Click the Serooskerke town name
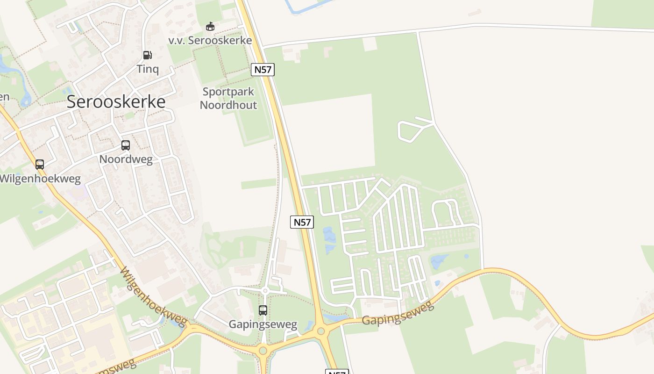[x=116, y=101]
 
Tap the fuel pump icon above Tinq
[x=147, y=55]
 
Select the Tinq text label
[x=148, y=69]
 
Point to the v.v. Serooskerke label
[x=210, y=40]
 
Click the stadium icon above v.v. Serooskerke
[x=210, y=27]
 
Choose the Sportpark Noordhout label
[x=228, y=98]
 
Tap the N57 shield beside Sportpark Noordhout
[x=263, y=70]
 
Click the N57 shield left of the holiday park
[x=302, y=222]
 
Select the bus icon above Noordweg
[x=126, y=145]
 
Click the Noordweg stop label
[x=126, y=159]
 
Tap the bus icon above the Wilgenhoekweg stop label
[x=40, y=165]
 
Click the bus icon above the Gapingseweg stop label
[x=263, y=310]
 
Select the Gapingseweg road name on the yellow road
[x=398, y=314]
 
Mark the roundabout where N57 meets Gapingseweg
[x=320, y=331]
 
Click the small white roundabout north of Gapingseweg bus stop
[x=265, y=291]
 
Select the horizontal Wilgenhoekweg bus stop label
[x=40, y=179]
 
